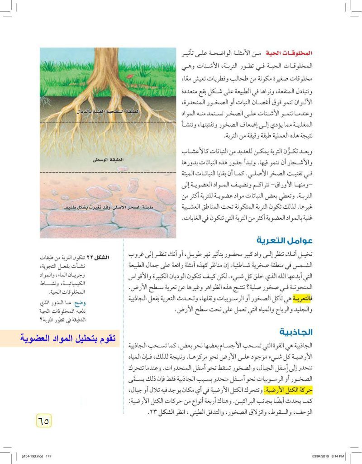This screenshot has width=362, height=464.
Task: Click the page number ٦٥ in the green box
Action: tap(43, 421)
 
